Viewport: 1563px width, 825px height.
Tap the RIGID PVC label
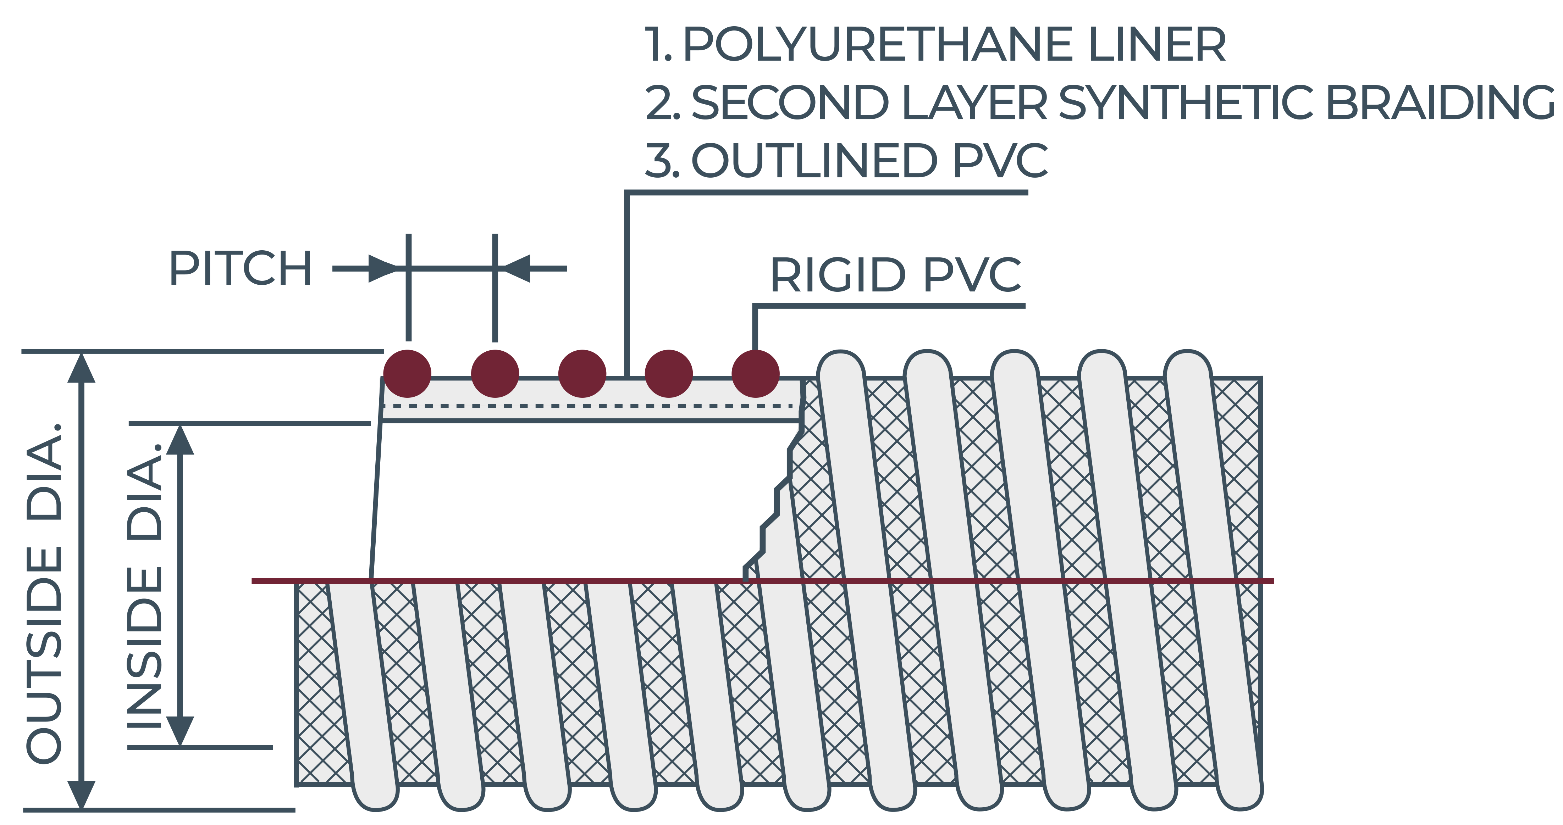point(896,275)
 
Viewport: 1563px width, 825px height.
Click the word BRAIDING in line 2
point(1440,102)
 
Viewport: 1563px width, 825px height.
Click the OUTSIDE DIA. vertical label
point(45,593)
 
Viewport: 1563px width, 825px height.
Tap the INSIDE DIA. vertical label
point(144,585)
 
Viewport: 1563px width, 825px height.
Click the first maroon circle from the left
point(408,374)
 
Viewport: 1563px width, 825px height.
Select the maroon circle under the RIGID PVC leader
point(755,374)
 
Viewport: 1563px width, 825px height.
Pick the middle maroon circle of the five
point(582,374)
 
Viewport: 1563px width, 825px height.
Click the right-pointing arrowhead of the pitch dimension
point(383,268)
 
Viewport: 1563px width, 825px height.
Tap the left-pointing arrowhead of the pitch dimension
point(516,268)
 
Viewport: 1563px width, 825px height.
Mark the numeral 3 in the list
point(658,160)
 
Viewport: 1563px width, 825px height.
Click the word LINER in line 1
point(1157,44)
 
